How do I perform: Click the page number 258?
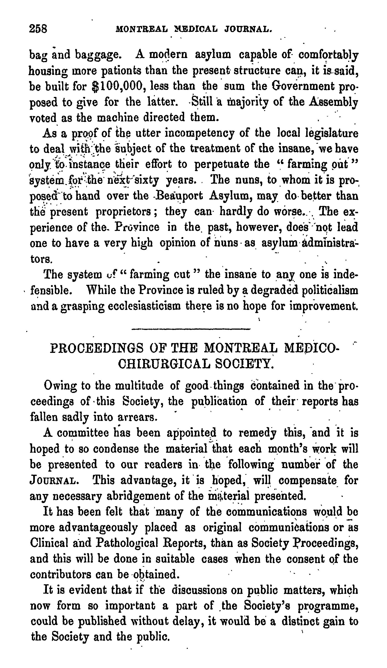point(38,29)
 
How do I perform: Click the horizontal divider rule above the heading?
point(191,329)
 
